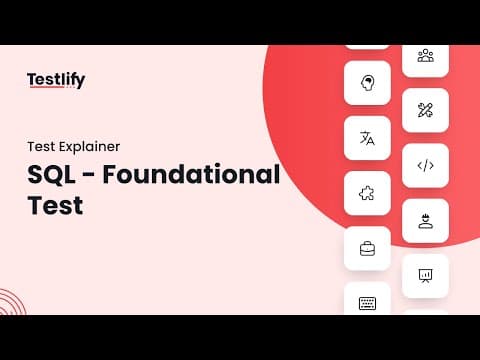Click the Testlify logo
(x=56, y=80)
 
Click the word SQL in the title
(x=51, y=175)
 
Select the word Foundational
(x=191, y=174)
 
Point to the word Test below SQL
(x=55, y=205)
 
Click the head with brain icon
(x=367, y=83)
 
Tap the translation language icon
(x=367, y=138)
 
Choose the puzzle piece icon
(x=367, y=193)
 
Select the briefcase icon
(x=367, y=249)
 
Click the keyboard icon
(x=367, y=303)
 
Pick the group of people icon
(x=426, y=55)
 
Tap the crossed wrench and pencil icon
(x=425, y=110)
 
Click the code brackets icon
(x=426, y=166)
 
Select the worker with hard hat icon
(x=426, y=221)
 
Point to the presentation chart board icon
(x=425, y=276)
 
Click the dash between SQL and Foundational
(x=89, y=176)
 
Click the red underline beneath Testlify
(x=46, y=87)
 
